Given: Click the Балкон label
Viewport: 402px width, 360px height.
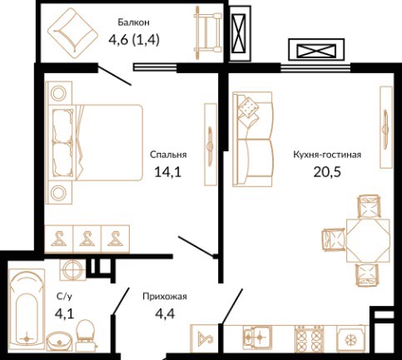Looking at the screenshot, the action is click(x=133, y=22).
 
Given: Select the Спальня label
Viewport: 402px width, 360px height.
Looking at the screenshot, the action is click(x=168, y=155).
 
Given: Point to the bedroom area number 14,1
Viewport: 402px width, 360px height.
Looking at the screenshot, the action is click(x=167, y=172).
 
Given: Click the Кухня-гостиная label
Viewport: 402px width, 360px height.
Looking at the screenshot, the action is click(x=327, y=155).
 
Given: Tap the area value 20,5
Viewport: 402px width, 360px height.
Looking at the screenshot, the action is click(x=327, y=172).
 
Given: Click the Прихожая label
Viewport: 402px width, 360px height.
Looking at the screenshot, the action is click(x=165, y=297).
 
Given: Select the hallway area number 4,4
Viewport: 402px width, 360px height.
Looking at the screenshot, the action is click(x=165, y=313).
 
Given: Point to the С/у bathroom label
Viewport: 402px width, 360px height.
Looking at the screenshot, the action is click(x=64, y=297).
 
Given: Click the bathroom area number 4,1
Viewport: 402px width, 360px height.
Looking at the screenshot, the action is click(x=64, y=313).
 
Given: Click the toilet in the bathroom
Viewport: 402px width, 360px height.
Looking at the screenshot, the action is click(x=85, y=333).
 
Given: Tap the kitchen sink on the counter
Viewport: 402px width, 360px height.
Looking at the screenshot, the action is click(x=257, y=338).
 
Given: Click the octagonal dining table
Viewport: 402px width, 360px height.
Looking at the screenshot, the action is click(x=368, y=240).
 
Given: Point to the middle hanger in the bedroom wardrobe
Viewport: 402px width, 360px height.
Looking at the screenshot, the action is click(x=87, y=239).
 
